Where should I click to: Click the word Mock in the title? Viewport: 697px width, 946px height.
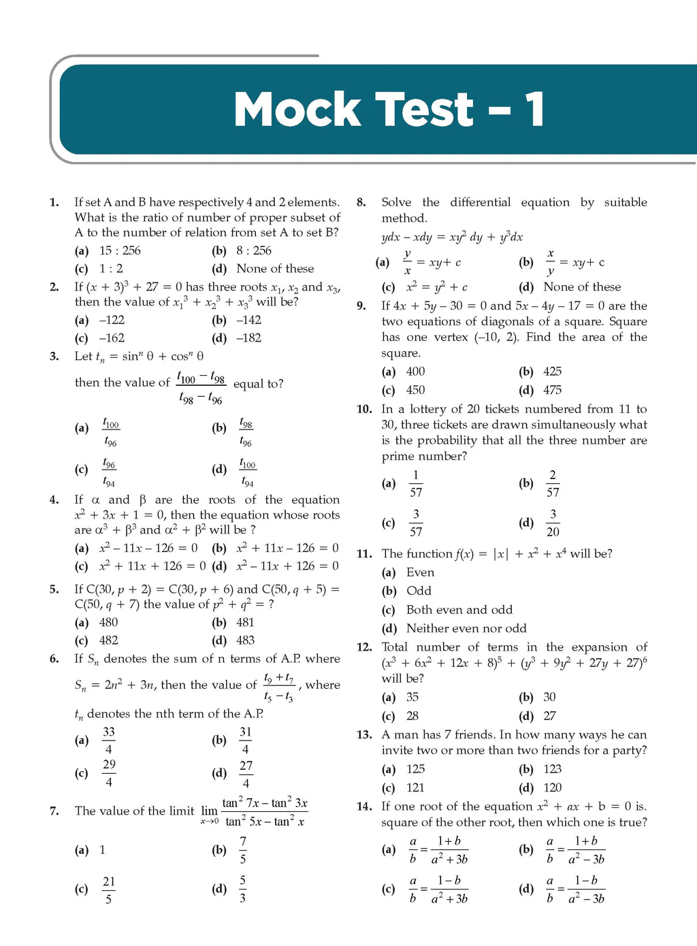click(x=296, y=110)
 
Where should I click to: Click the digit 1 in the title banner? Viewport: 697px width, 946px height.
click(x=534, y=110)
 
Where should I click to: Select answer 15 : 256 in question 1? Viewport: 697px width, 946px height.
click(x=120, y=250)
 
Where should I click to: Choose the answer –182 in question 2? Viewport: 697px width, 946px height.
click(x=248, y=338)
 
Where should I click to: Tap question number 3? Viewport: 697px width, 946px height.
click(x=54, y=356)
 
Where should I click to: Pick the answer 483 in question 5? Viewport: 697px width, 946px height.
click(x=245, y=640)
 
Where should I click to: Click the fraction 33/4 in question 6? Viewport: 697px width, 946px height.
click(x=109, y=740)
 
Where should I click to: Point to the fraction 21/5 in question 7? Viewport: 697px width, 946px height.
click(x=109, y=890)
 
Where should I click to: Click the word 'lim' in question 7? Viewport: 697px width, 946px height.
click(x=209, y=811)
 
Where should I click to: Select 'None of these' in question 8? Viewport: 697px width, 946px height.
click(x=582, y=287)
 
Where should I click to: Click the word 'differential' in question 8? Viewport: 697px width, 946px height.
click(x=480, y=202)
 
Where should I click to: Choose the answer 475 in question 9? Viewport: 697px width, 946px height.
click(x=552, y=390)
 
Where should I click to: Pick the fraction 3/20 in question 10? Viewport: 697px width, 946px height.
click(x=553, y=523)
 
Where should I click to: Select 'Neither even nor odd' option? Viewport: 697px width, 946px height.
click(x=466, y=628)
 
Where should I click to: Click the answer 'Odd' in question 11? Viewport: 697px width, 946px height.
click(x=419, y=591)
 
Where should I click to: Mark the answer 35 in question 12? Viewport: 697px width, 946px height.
click(x=412, y=697)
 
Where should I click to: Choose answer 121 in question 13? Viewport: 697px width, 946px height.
click(x=415, y=787)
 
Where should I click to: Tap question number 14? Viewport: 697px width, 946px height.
click(x=364, y=806)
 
